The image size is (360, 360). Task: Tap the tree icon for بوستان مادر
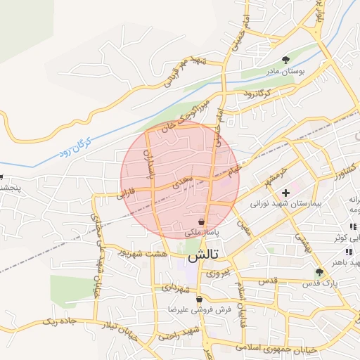pos(285,60)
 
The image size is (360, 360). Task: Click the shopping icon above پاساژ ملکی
pos(202,221)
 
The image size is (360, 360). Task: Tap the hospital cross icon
pos(285,192)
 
